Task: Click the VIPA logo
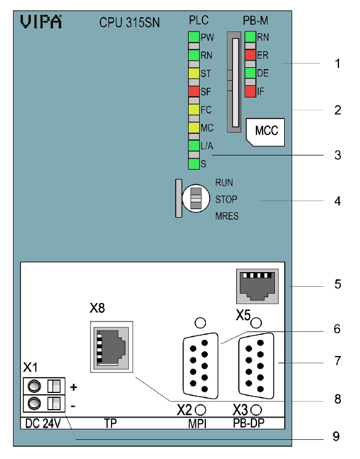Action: (x=41, y=22)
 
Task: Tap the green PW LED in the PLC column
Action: (x=194, y=37)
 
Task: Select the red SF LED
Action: (x=194, y=91)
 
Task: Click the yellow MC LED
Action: (x=194, y=128)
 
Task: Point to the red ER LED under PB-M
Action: (x=250, y=55)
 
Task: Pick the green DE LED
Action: (x=250, y=73)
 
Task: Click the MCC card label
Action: (x=266, y=132)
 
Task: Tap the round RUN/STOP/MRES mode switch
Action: (x=195, y=198)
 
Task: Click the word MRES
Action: (x=227, y=216)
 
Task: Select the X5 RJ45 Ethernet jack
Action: (x=257, y=286)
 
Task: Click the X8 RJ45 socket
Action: (x=112, y=347)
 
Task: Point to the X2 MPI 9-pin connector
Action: (x=200, y=366)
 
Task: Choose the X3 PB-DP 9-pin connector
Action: (x=256, y=366)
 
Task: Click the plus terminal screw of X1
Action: (x=35, y=386)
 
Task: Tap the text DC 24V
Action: (x=43, y=424)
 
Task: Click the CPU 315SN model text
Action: (x=129, y=23)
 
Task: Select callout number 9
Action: (x=337, y=436)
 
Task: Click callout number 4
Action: (x=337, y=201)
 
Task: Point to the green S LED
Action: (x=194, y=164)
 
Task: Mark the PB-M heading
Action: (x=255, y=20)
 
